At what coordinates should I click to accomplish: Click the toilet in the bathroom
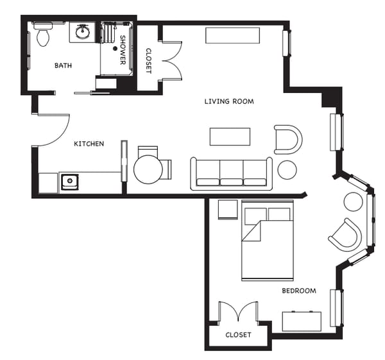tap(43, 35)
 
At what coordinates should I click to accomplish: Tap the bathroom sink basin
tap(83, 31)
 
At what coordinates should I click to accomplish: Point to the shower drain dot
tap(116, 47)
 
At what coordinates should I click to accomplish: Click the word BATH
tap(63, 65)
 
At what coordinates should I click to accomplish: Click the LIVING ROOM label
tap(229, 101)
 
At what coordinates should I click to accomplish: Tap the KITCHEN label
tap(89, 144)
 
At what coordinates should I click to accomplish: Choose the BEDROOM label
tap(299, 291)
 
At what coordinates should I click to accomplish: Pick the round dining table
tap(148, 169)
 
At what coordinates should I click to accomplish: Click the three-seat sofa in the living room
tap(231, 173)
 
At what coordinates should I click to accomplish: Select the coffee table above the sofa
tap(230, 137)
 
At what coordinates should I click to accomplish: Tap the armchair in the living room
tap(288, 139)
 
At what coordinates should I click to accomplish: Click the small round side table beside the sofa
tap(287, 169)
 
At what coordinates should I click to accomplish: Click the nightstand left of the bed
tap(228, 210)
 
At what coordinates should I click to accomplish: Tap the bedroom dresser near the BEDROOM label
tap(302, 321)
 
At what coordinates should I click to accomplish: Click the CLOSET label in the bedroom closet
tap(238, 335)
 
